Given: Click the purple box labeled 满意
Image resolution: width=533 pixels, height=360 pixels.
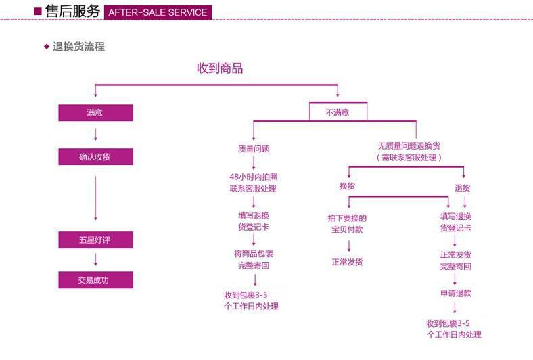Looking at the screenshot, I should point(95,113).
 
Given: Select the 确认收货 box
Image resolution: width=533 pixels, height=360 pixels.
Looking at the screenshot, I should point(95,157).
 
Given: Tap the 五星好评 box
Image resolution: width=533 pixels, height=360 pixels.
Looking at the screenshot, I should point(95,240).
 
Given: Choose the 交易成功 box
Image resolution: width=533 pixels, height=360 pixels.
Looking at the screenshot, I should point(95,280).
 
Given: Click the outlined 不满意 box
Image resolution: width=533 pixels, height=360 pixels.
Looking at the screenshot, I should point(338,112).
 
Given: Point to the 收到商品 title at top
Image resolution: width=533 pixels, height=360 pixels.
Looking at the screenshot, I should point(220,68).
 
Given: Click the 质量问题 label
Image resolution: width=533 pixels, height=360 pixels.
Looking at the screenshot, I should point(254,148).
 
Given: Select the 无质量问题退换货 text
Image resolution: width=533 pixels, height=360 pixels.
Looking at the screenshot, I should point(409,146).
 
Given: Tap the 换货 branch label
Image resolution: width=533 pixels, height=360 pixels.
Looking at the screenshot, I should point(347,187).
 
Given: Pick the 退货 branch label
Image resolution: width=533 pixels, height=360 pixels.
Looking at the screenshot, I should point(463,187).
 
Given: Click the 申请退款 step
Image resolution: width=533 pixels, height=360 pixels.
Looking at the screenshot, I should point(455,293).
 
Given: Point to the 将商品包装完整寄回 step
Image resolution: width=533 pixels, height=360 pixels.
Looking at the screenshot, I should point(254,259).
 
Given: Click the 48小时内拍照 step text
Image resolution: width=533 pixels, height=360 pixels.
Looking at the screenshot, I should point(253,177).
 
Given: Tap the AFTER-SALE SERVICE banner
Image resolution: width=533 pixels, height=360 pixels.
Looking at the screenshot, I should point(158,12).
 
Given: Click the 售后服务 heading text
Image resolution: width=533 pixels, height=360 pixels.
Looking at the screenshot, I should point(72,12).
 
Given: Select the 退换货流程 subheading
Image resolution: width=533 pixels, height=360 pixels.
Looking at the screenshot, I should point(78,47).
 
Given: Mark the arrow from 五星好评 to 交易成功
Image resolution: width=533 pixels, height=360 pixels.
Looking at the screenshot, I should point(95,260).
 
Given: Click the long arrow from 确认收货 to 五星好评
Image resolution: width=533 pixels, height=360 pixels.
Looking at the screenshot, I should point(95,198).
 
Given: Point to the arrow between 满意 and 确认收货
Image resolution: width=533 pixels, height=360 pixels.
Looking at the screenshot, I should point(95,134).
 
